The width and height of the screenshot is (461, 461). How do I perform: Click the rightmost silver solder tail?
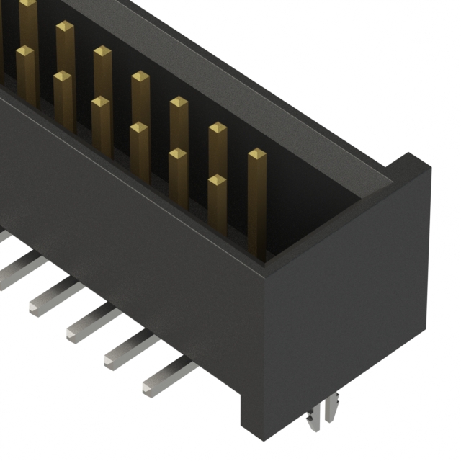[169, 378]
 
